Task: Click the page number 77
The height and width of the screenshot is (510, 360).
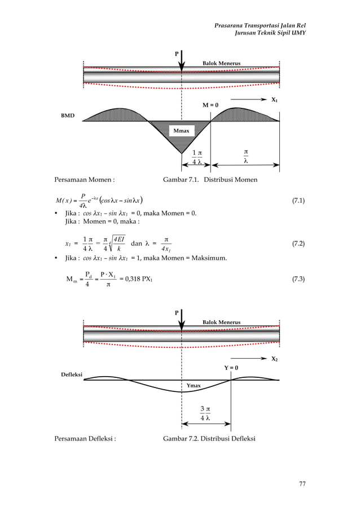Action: [x=302, y=483]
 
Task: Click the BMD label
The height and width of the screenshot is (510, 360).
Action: [x=68, y=115]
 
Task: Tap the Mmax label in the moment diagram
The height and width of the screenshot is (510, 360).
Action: [x=181, y=131]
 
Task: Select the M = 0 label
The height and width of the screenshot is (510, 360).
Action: [x=210, y=105]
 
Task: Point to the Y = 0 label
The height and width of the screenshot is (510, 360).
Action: [x=231, y=368]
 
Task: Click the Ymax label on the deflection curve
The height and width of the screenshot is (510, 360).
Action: [x=194, y=385]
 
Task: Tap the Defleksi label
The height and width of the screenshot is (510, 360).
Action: [x=72, y=374]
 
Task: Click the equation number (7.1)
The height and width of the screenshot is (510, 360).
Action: [x=298, y=200]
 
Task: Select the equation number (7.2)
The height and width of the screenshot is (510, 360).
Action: [x=298, y=243]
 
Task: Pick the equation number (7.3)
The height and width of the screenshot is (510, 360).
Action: [x=298, y=279]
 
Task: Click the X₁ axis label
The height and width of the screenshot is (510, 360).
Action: [x=275, y=100]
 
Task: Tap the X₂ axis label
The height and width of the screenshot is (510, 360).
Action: [x=275, y=359]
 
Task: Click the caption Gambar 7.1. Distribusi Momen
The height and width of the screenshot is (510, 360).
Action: [x=210, y=180]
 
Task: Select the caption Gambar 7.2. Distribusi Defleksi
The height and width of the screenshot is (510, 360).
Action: [x=209, y=438]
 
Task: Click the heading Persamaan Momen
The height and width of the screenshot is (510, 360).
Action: [x=85, y=180]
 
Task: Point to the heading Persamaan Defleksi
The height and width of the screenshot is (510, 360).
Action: [x=85, y=438]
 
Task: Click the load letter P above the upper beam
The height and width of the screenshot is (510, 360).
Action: [x=177, y=54]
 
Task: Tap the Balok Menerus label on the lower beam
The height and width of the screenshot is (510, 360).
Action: [x=222, y=322]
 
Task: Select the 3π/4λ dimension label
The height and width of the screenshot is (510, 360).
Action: [x=205, y=413]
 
